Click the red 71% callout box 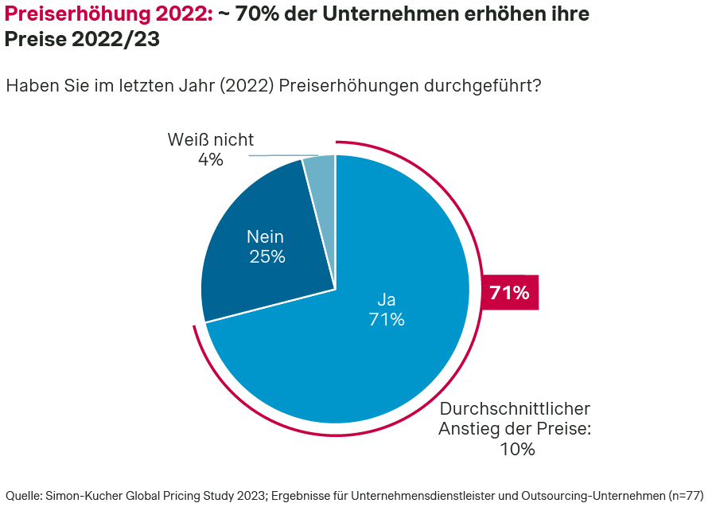click(510, 292)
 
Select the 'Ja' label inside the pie click(387, 300)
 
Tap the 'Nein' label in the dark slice click(265, 236)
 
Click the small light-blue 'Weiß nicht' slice click(321, 168)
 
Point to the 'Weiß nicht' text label click(211, 139)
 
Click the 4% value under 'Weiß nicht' click(210, 159)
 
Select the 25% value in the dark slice click(267, 256)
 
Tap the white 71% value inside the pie click(387, 320)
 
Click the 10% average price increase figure click(517, 449)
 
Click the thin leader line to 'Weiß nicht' click(282, 155)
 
